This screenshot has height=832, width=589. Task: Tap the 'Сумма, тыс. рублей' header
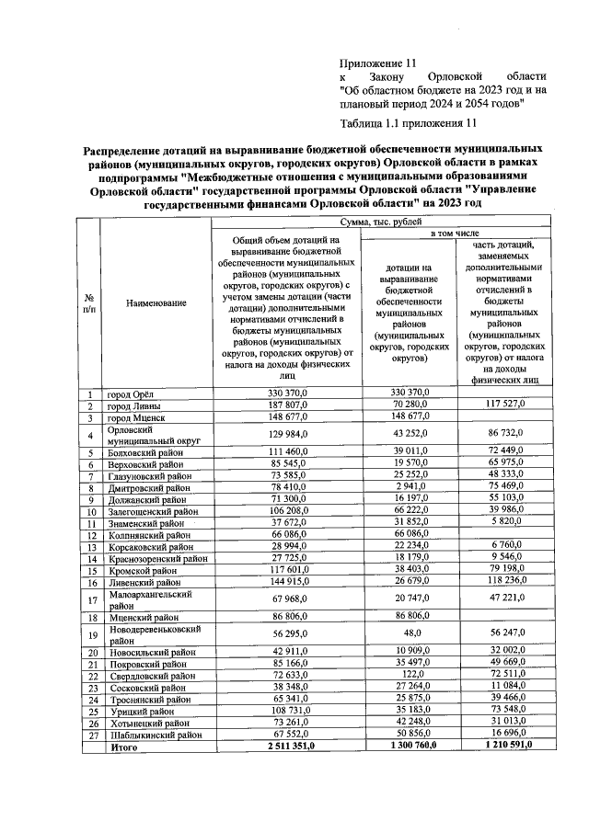tap(378, 222)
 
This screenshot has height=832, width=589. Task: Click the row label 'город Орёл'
tap(132, 394)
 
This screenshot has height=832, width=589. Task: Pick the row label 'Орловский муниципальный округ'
tap(138, 436)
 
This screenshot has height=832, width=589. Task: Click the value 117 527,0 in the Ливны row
tap(507, 405)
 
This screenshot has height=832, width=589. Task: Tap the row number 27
tap(91, 735)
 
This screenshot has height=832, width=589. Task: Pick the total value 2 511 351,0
tap(287, 747)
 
